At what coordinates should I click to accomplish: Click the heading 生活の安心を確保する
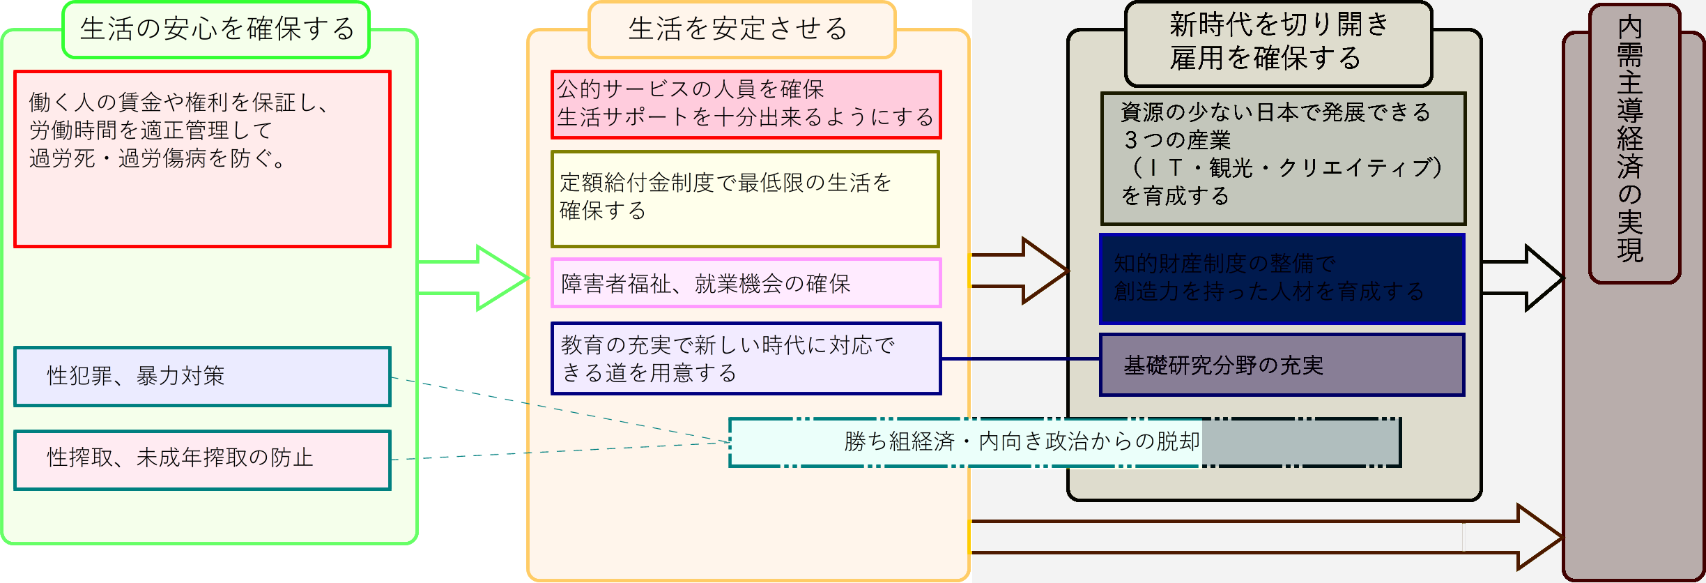[216, 30]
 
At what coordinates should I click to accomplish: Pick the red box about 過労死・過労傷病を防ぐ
[202, 159]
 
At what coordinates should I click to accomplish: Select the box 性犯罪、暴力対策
[202, 377]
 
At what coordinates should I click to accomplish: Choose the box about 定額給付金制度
[746, 199]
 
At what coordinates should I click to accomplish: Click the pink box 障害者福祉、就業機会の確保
[746, 283]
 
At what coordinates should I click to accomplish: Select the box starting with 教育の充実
[746, 358]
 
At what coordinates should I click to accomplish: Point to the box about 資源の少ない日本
[1283, 158]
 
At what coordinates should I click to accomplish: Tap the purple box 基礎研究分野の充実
[1282, 365]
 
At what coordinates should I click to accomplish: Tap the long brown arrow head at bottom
[1537, 537]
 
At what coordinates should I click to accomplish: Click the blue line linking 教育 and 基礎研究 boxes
[1020, 358]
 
